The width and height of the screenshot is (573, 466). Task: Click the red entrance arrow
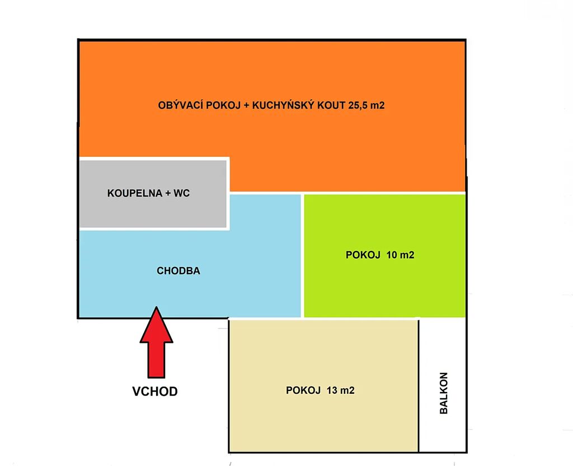point(157,342)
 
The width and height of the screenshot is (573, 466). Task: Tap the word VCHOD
point(155,392)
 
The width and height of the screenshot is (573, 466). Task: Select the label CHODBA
point(179,271)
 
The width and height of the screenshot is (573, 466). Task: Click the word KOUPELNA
point(134,193)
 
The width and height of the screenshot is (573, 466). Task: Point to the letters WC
point(182,193)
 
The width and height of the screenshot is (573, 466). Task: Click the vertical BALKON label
point(443,393)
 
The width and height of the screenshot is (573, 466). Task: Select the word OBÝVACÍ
point(181,105)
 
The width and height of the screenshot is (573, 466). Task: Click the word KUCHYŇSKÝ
point(283,105)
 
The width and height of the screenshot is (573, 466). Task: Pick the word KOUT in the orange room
point(331,105)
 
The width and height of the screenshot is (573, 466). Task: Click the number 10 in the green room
point(391,255)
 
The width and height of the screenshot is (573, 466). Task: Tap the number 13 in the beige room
point(332,390)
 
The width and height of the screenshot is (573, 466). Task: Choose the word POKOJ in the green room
point(363,255)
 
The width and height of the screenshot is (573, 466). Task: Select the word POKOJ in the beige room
point(303,390)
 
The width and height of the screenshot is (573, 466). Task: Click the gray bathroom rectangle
point(153,194)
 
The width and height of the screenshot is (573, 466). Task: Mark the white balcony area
point(442,385)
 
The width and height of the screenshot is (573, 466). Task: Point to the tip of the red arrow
point(157,307)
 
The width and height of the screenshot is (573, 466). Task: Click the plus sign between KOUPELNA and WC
point(168,193)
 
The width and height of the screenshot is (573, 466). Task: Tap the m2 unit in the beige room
point(347,390)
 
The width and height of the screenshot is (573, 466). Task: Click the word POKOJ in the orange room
point(224,105)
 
